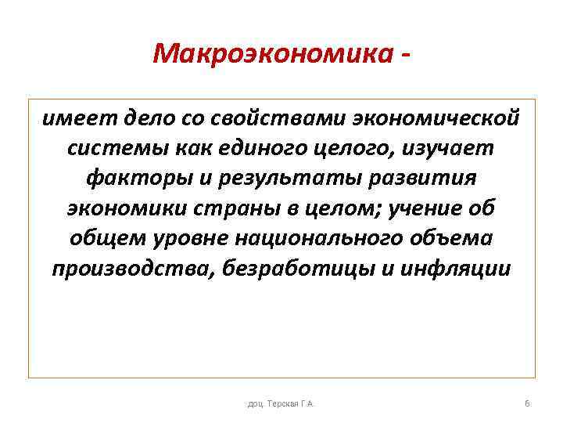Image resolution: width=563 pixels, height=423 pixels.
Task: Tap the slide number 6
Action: (x=527, y=403)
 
